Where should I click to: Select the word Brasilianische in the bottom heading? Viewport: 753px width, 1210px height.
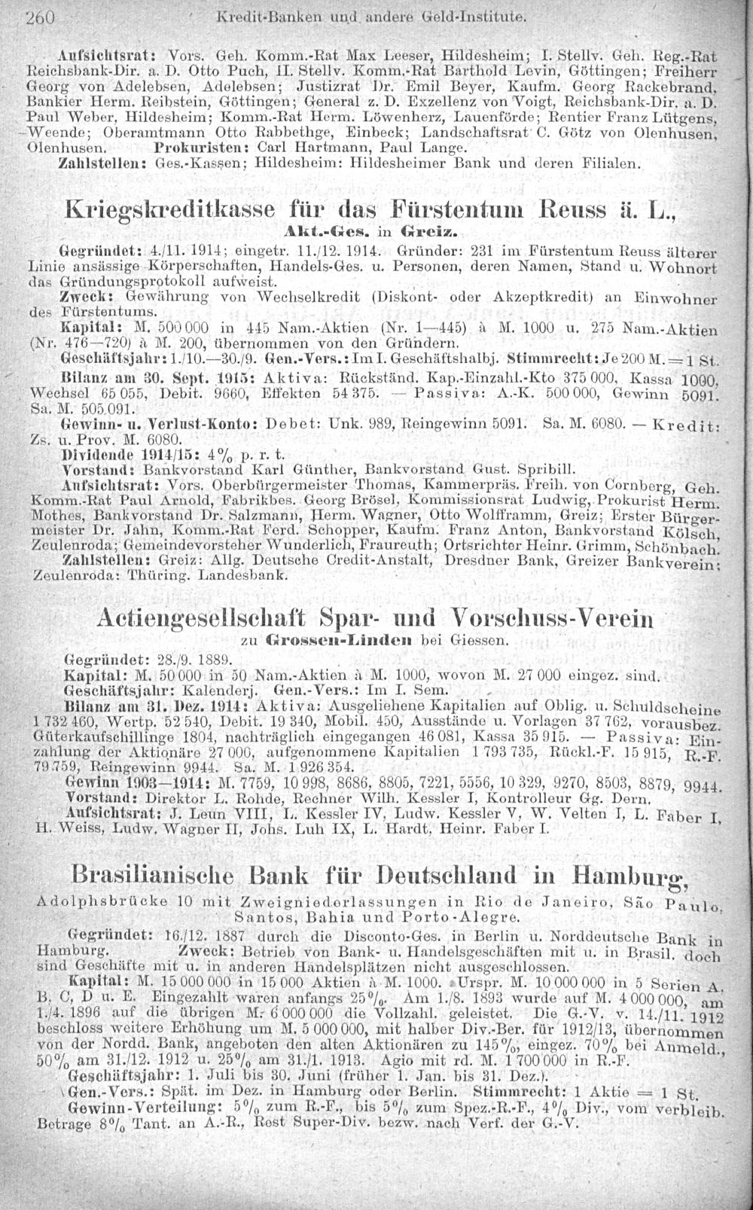(x=155, y=876)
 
